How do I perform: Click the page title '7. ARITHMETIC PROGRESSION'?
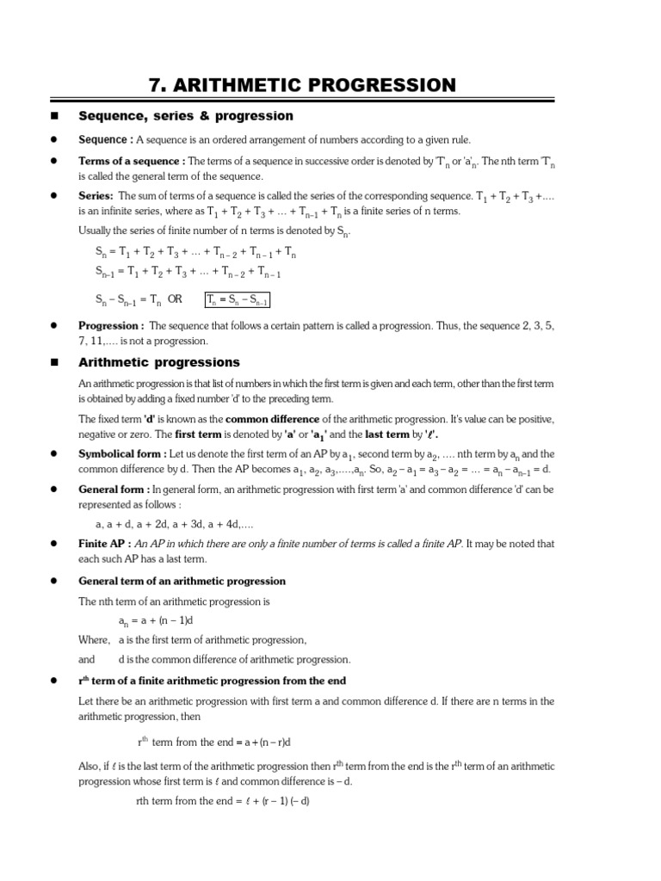point(303,84)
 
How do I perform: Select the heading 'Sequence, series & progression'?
point(186,115)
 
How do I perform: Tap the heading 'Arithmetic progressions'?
point(159,362)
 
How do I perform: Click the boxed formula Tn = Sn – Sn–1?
point(238,299)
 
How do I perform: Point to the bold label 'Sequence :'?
point(106,139)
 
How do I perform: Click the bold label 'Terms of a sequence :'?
point(132,161)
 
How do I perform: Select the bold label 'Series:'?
point(96,195)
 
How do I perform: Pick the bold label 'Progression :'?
point(111,326)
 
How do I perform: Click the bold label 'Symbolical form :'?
point(122,453)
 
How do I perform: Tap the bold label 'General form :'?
point(114,489)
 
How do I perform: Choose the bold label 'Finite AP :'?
point(105,544)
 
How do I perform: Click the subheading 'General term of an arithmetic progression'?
point(182,581)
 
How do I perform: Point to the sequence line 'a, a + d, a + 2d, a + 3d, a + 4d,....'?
point(174,523)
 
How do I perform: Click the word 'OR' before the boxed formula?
point(175,299)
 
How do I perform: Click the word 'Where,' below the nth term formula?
point(94,640)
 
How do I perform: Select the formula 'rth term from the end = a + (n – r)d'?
point(214,742)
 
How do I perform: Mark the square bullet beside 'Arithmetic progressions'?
point(54,363)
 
